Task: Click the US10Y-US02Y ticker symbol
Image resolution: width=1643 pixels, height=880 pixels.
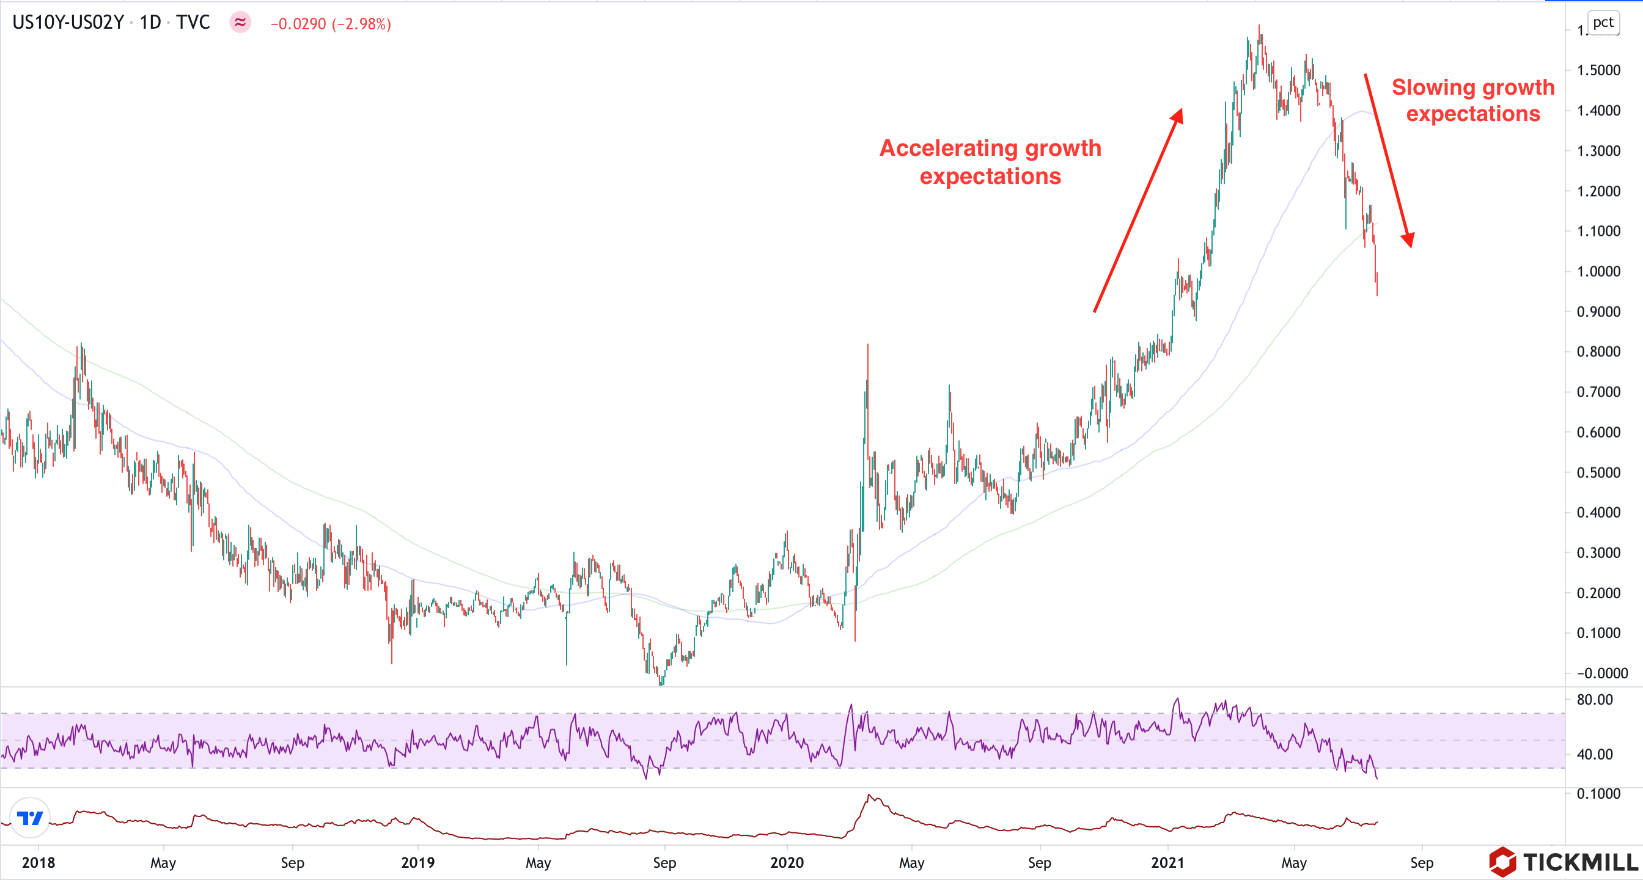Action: coord(68,23)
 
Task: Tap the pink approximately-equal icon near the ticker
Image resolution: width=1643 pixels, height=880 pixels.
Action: coord(240,23)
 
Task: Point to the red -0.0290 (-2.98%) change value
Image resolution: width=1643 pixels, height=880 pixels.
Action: coord(331,24)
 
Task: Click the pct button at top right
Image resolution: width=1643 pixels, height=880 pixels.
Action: coord(1602,23)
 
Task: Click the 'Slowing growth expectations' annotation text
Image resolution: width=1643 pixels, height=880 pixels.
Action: coord(1472,100)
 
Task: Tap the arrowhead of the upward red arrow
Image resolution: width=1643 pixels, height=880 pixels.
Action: coord(1177,116)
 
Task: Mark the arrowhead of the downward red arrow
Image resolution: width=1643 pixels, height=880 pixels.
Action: coord(1408,240)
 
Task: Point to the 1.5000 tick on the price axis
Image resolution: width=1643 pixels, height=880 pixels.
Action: coord(1598,70)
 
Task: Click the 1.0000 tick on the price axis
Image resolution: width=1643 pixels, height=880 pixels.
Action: coord(1598,271)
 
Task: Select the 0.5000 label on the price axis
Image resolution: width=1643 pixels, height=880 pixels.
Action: coord(1598,472)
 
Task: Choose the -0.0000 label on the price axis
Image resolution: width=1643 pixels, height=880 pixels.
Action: coord(1601,673)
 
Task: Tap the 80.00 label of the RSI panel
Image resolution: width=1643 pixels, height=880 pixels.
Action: coord(1595,700)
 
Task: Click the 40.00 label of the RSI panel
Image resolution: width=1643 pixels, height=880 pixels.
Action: coord(1595,754)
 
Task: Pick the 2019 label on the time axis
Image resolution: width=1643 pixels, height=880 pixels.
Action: coord(417,863)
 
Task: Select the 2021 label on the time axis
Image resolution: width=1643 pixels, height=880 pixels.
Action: coord(1168,863)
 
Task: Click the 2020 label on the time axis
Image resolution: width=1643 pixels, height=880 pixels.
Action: coord(787,863)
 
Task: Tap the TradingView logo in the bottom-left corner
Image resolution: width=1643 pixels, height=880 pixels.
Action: coord(30,818)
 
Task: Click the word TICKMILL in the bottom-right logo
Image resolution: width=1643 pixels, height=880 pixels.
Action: coord(1581,863)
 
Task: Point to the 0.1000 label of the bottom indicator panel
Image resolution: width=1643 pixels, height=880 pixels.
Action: coord(1598,794)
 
